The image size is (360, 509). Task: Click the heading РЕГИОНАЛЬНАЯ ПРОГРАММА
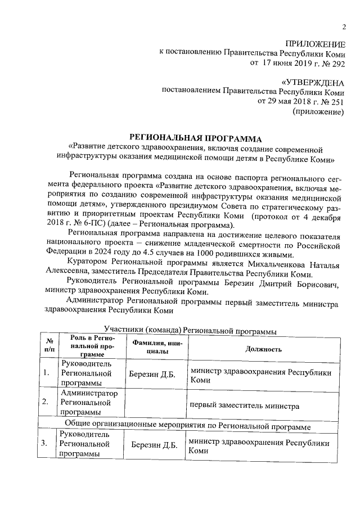(196, 137)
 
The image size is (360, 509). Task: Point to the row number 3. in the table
(46, 444)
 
